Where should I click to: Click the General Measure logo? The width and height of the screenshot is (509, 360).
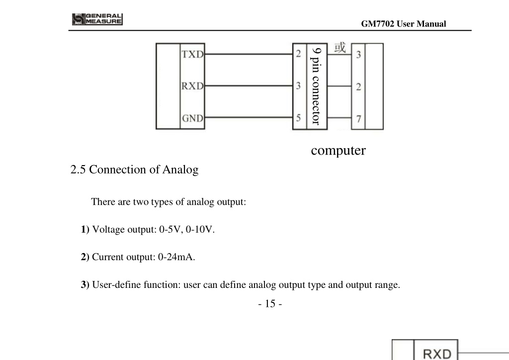click(x=97, y=19)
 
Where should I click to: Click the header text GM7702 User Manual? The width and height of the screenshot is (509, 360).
click(x=404, y=24)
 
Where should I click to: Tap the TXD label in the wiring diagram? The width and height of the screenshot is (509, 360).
click(x=192, y=54)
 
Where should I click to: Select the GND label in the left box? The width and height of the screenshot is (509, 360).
click(x=192, y=118)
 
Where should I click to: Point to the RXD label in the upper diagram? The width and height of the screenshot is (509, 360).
click(x=192, y=86)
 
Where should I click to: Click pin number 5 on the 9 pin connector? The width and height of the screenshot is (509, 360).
click(x=298, y=117)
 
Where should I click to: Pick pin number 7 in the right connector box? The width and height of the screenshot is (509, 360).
click(x=358, y=119)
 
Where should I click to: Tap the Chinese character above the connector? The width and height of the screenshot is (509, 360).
click(x=340, y=47)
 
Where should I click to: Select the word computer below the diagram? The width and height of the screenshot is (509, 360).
click(x=338, y=150)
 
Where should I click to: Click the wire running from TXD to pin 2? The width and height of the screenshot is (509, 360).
click(x=249, y=54)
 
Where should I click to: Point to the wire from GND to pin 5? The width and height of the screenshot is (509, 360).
click(x=249, y=117)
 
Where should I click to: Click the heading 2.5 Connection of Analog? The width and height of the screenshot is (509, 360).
click(x=134, y=170)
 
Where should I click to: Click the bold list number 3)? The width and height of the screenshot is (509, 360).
click(x=85, y=285)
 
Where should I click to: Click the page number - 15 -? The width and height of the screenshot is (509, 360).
click(x=270, y=303)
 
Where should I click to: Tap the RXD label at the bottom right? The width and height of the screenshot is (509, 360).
click(x=437, y=354)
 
